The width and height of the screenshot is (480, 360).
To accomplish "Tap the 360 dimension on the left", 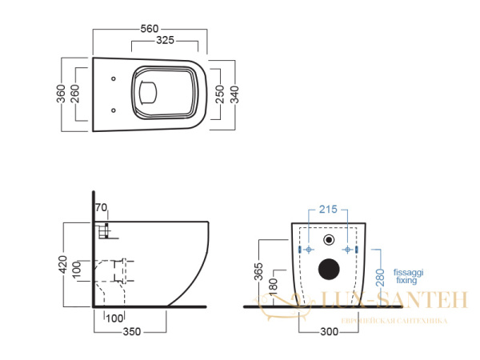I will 62,94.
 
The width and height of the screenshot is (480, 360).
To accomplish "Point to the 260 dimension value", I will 76,94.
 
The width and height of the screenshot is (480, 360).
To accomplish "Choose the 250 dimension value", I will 218,95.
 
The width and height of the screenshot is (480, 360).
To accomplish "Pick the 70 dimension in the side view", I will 102,210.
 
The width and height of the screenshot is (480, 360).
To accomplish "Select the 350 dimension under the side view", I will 131,330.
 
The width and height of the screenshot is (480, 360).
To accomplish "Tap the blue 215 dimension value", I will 326,210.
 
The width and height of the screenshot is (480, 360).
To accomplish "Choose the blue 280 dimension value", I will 380,277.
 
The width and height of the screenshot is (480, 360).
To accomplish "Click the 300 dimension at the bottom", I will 324,330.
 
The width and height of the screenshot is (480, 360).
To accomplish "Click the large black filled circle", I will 327,270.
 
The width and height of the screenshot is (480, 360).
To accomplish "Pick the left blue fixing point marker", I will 304,250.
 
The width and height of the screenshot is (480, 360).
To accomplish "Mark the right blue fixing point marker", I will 349,250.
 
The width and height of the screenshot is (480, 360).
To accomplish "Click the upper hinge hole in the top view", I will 114,78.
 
